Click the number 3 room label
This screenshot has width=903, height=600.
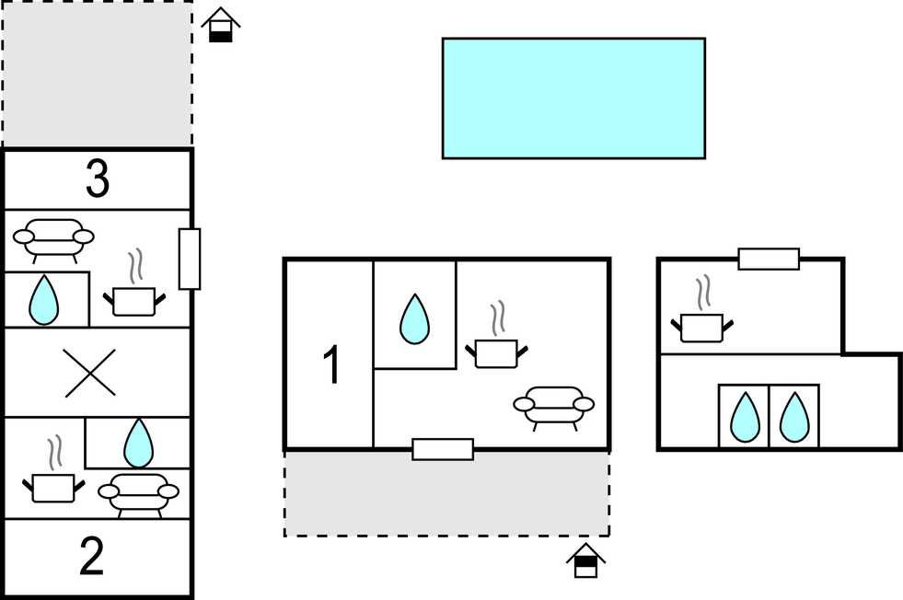[98, 180]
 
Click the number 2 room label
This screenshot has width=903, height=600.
[92, 557]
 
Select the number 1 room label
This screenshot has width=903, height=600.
[331, 365]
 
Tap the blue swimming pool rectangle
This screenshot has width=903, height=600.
[573, 98]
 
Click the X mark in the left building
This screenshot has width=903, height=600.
[90, 373]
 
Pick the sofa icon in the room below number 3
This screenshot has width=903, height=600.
[53, 238]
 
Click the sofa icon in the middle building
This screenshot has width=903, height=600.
[553, 406]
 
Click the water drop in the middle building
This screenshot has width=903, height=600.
[414, 319]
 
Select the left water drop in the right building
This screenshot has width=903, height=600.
[744, 417]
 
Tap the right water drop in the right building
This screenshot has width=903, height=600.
[793, 417]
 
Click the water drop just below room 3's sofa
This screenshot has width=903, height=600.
[43, 300]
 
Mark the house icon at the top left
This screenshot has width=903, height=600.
[220, 25]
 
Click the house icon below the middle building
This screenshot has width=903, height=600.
[585, 560]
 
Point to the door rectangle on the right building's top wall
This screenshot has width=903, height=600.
[769, 260]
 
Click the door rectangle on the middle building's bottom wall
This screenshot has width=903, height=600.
[443, 449]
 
